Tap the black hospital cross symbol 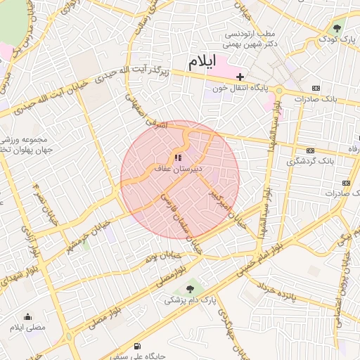(240, 76)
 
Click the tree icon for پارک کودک (337, 29)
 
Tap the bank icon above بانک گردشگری (310, 150)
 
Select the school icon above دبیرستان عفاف (178, 157)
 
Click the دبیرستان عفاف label (179, 169)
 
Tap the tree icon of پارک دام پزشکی (190, 288)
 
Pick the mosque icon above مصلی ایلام (27, 316)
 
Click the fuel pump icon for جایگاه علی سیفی (136, 346)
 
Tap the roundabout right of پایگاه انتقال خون (279, 90)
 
